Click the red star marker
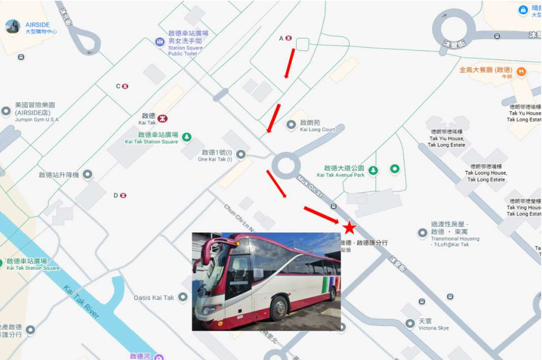349,228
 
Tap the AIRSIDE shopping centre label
37,25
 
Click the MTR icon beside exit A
289,38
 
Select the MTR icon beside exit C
125,86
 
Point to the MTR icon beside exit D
123,195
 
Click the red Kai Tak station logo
162,118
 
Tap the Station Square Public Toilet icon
160,41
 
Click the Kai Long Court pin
291,125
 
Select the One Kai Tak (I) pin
241,154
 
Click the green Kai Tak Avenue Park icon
373,170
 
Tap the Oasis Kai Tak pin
182,298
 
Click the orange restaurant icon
521,72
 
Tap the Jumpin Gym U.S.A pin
6,112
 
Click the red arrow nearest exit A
289,63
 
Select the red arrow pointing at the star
321,215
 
